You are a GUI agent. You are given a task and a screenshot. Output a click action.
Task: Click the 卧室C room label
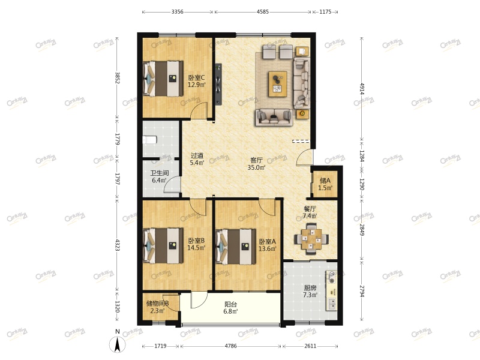[x=196, y=78]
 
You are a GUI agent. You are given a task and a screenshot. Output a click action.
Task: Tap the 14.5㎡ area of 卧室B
[x=196, y=248]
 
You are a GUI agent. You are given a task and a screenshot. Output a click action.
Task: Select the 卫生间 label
[x=159, y=173]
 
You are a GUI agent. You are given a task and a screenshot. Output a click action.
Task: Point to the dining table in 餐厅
[x=311, y=239]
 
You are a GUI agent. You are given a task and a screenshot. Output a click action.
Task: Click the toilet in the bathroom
[x=149, y=140]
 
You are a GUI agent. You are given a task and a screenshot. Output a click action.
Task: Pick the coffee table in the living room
[x=278, y=84]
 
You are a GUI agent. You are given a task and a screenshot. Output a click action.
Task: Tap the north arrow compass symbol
[x=117, y=344]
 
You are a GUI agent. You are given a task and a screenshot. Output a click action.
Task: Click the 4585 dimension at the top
[x=263, y=12]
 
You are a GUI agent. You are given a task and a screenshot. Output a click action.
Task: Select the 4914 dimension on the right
[x=362, y=88]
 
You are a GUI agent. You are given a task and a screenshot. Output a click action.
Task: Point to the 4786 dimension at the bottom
[x=231, y=346]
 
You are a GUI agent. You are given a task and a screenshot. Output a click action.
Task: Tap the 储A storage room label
[x=325, y=181]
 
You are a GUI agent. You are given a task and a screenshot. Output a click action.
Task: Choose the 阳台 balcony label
[x=231, y=305]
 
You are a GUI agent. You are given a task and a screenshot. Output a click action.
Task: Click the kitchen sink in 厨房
[x=332, y=303]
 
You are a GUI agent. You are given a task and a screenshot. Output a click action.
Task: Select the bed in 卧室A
[x=236, y=247]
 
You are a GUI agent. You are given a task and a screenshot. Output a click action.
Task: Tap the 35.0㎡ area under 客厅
[x=257, y=167]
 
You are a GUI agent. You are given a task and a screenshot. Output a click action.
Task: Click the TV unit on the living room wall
[x=218, y=84]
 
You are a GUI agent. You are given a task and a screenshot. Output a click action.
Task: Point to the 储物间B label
[x=158, y=304]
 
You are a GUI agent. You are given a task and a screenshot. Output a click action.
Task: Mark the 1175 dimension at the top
[x=325, y=12]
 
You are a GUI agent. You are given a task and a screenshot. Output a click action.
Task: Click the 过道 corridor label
[x=197, y=156]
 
